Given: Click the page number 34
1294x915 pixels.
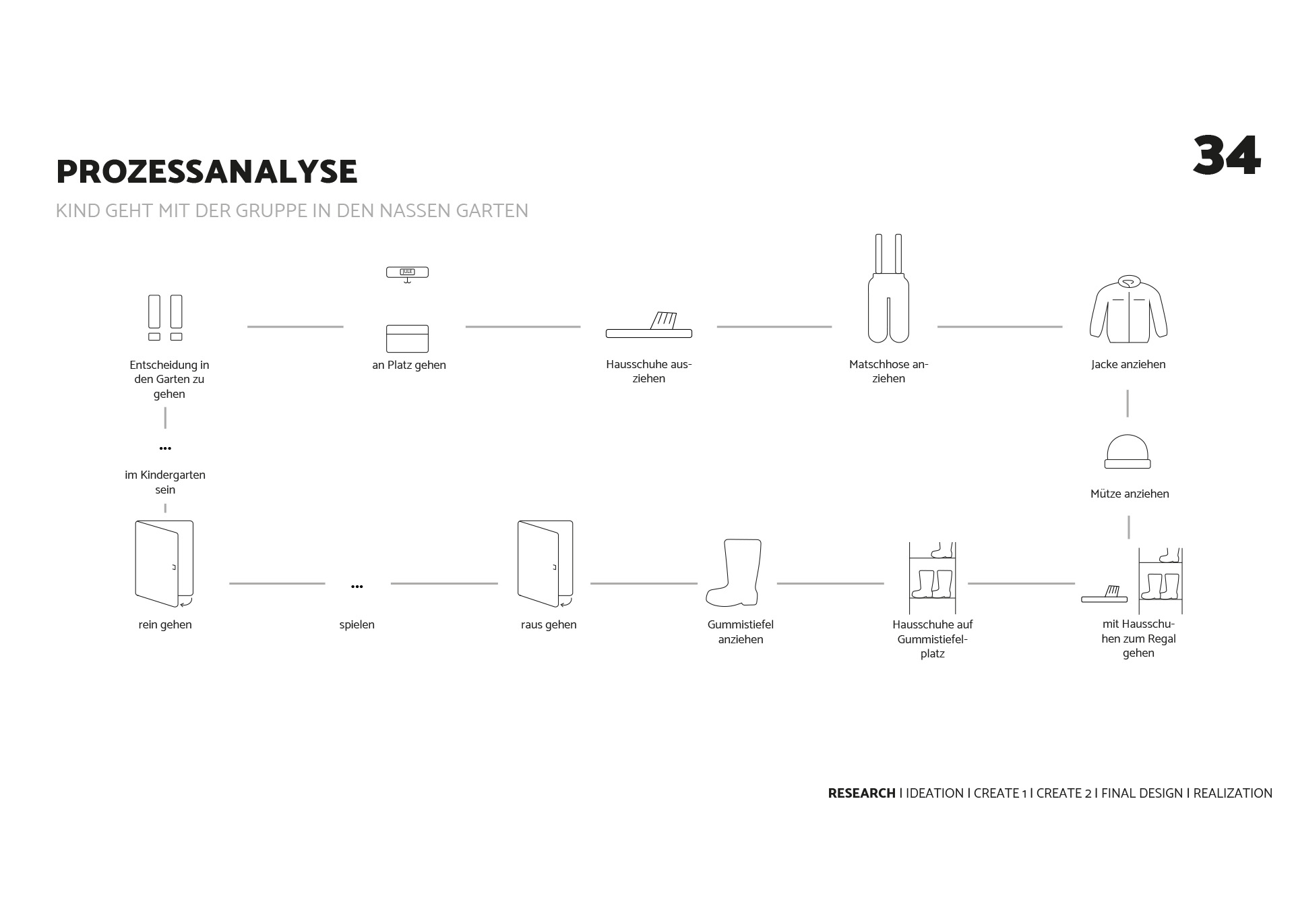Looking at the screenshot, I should point(1226,156).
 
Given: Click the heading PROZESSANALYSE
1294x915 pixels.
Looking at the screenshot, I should point(206,172).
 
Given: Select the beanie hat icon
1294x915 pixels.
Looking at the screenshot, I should point(1128,452).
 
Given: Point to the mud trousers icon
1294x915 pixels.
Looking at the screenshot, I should point(888,290).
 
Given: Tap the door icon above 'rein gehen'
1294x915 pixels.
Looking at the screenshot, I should point(164,563).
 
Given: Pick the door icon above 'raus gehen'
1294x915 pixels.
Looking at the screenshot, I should point(545,563).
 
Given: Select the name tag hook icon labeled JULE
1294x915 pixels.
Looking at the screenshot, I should point(407,273).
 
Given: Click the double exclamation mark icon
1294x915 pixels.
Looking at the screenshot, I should point(165,318).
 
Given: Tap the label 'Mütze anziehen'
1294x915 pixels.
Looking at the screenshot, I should point(1130,494).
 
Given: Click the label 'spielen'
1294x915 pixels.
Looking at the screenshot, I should point(357,625).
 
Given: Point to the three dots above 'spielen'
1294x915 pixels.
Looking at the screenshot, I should point(357,587).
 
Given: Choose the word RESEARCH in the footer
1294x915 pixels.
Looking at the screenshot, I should point(861,794).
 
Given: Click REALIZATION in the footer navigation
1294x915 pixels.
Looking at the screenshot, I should point(1233,794).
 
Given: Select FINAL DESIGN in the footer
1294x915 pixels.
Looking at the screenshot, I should point(1142,794).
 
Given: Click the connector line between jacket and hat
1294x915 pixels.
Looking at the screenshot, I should point(1128,403).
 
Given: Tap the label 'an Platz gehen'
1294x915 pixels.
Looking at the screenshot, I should point(409,365).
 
